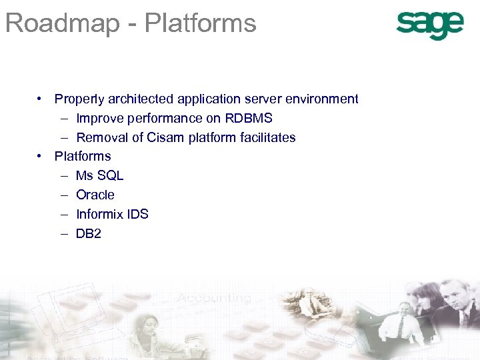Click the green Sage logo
point(429,25)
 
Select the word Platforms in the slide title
point(200,23)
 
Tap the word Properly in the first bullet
point(77,99)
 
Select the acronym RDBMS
point(247,119)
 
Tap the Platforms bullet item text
point(83,157)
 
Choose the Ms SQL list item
point(99,176)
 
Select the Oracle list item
point(95,195)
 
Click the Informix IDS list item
point(112,215)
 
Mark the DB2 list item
point(89,234)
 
